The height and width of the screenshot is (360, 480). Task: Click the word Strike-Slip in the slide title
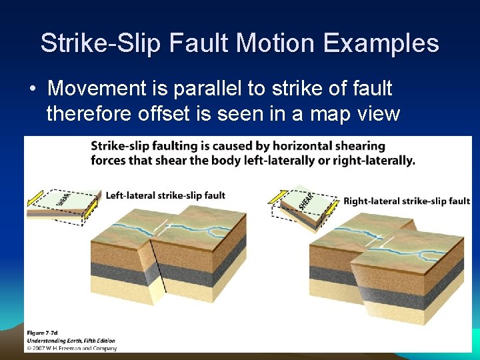click(x=101, y=43)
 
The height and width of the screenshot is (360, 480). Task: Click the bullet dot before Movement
click(x=32, y=89)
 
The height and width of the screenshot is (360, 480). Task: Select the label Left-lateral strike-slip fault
click(x=166, y=196)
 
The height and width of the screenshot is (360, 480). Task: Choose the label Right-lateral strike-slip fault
click(x=407, y=201)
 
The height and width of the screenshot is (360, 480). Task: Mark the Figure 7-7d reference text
click(x=45, y=332)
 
